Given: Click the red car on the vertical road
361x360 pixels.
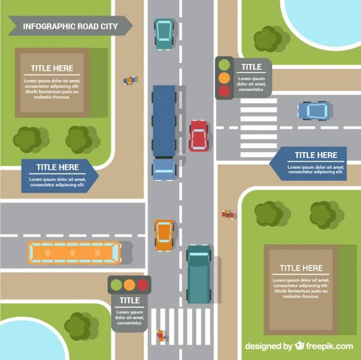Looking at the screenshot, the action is tap(199, 136).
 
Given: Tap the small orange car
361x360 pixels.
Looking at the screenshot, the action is tap(164, 235).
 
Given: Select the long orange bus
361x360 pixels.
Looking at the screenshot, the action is tap(74, 252).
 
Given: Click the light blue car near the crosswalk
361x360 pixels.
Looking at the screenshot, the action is tap(314, 111).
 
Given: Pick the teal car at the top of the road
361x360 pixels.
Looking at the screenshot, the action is tap(164, 34).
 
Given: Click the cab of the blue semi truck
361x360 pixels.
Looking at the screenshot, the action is tap(164, 169).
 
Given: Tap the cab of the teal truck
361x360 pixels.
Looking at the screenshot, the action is tap(199, 253).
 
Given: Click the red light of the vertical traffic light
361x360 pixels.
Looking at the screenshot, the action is tap(224, 91).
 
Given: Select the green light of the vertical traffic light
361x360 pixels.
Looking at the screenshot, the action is tap(224, 65).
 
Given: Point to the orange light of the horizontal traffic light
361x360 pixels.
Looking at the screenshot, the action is tap(129, 285).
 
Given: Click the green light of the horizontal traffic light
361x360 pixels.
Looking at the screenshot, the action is tap(116, 285).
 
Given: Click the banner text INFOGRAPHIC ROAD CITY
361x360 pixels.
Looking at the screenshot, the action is tap(70, 26).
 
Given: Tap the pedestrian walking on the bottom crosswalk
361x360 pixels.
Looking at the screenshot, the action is tap(161, 335).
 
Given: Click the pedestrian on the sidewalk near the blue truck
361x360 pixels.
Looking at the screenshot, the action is tap(130, 80).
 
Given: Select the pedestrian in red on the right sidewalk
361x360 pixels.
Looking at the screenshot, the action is tap(228, 214).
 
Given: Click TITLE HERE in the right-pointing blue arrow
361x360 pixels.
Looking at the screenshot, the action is tap(58, 167).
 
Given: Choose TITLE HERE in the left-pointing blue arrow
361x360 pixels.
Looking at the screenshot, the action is tap(316, 155).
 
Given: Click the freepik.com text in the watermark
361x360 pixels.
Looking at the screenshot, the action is tap(329, 346).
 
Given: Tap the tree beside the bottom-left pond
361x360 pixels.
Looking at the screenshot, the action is tap(81, 326).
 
